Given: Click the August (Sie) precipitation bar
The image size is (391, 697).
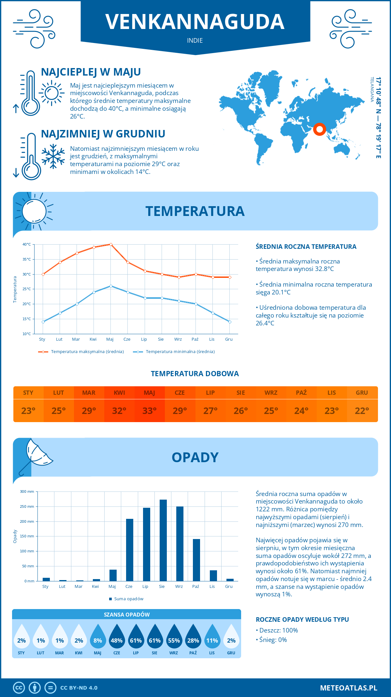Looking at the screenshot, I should coord(163,540).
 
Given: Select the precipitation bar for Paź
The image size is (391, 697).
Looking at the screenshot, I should coord(196,560).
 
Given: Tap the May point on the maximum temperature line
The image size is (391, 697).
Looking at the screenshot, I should coord(111,244).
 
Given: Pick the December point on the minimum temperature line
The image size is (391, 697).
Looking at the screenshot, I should coord(230,322).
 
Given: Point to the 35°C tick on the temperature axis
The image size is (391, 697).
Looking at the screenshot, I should coord(27,259).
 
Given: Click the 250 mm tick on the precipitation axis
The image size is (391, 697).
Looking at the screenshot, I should coord(27,506).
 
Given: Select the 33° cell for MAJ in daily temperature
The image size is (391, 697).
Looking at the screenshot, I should coord(150,411).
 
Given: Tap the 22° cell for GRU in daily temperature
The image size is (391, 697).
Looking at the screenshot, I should coord(362,411).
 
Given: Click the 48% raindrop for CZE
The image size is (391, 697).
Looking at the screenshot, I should coord(117,638).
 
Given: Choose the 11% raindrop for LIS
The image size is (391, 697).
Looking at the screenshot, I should coord(212,638).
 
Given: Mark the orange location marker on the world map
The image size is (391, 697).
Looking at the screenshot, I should coord(320,129).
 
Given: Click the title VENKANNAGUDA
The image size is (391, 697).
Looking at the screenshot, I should coord(195,22).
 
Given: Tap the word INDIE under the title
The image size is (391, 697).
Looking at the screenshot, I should coord(195,40).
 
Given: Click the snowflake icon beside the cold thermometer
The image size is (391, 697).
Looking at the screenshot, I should coord(53,156).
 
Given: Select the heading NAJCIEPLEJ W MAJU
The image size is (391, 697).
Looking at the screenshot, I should coord(91,72).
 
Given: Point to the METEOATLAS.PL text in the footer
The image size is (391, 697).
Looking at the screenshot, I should coord(349,688).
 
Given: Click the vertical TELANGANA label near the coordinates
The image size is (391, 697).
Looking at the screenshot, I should coord(372,90).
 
